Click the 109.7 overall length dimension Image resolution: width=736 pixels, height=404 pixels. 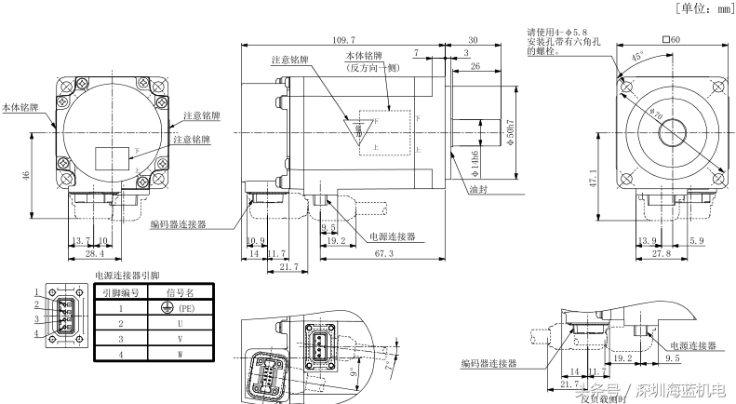(x=343, y=40)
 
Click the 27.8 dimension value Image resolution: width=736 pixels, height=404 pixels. (x=662, y=252)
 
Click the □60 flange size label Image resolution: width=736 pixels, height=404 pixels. (x=672, y=39)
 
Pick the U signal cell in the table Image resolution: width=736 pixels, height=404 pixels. (x=178, y=323)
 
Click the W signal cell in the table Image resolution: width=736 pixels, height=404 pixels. (x=178, y=355)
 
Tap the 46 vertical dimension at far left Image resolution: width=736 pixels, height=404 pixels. (x=25, y=174)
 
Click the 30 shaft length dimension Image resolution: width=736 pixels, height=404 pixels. (x=473, y=40)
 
